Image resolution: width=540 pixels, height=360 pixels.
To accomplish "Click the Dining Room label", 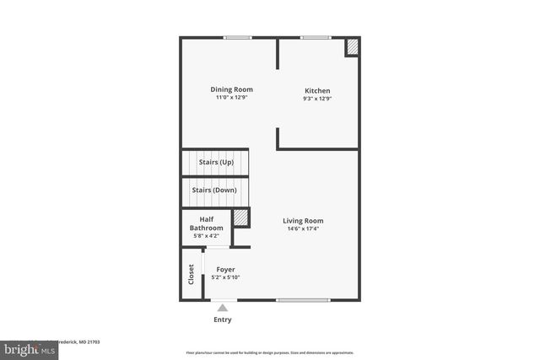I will coord(231,89).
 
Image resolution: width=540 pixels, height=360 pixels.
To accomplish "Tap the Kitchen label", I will coord(317,91).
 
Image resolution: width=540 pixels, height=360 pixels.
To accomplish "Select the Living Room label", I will coord(303,221).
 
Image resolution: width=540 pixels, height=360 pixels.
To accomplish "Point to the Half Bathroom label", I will coord(206,223).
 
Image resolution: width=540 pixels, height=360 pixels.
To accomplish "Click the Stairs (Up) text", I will coord(216,162).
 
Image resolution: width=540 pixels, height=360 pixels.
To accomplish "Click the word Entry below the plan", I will coord(222,320).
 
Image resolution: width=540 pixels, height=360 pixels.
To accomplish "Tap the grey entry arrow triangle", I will coord(223,308).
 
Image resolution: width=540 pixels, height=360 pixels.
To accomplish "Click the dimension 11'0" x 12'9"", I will coord(231,98).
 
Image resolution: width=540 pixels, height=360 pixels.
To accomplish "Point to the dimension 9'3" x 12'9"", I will coord(317,99).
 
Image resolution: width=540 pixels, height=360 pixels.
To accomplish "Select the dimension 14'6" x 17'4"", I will coord(303,228).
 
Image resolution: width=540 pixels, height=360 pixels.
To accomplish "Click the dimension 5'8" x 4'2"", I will coord(206,236).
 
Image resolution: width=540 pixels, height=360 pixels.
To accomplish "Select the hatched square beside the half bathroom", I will coord(241,218).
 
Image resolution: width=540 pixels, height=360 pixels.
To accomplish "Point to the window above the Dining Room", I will coord(237,37).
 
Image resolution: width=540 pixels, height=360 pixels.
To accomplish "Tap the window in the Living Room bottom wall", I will coord(303,300).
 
